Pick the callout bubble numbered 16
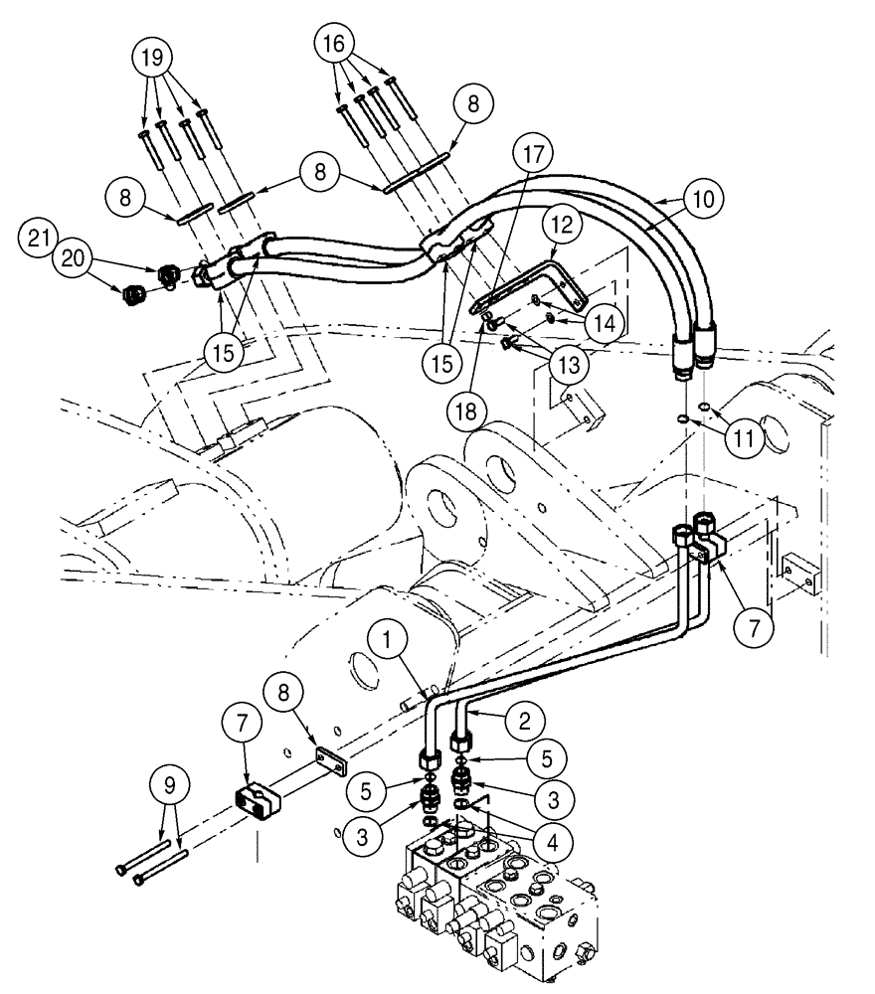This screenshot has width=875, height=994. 334,45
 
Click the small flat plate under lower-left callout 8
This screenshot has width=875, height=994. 329,764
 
